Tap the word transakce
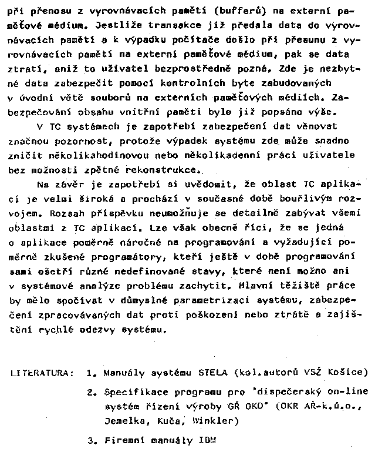pos(178,26)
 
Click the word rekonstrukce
pos(162,169)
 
